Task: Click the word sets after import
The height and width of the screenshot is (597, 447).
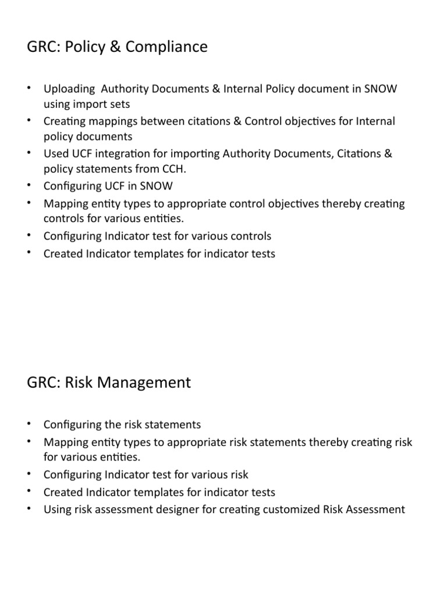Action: [x=119, y=104]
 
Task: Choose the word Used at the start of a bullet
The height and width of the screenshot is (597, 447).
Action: [x=56, y=154]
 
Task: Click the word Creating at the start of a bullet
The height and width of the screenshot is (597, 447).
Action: [x=65, y=121]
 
